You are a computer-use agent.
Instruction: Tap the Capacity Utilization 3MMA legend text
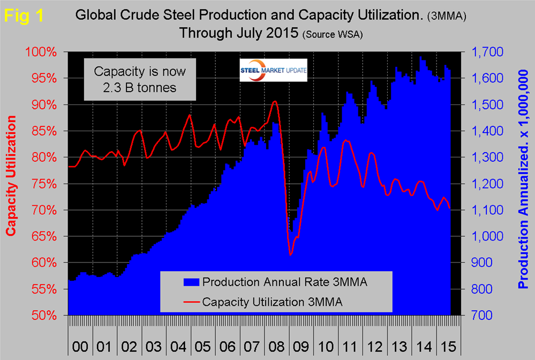pos(273,302)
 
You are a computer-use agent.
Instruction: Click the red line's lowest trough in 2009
pos(290,255)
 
